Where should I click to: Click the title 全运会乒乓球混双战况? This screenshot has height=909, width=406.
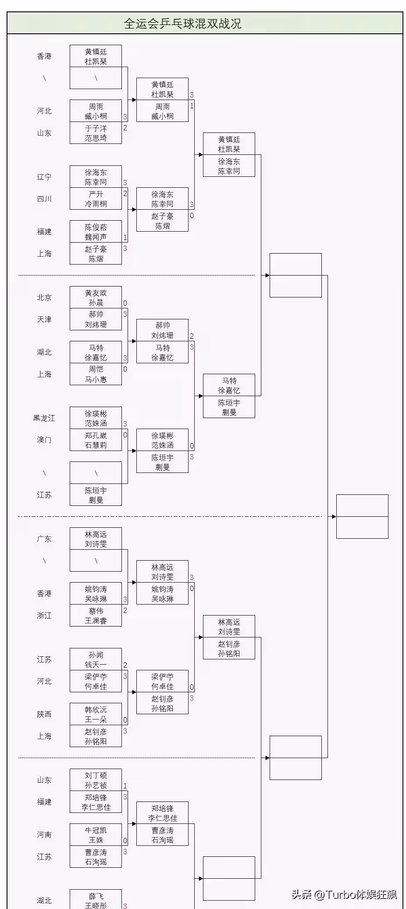[182, 23]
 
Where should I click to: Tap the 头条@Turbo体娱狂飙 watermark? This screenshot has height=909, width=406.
[344, 894]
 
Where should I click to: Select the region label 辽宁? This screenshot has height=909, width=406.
[44, 177]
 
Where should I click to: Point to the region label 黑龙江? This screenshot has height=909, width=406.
[44, 418]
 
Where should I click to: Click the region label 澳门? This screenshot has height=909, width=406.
[44, 440]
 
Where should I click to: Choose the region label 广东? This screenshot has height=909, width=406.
[44, 539]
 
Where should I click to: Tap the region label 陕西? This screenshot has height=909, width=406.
[44, 714]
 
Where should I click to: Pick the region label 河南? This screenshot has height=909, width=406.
[44, 835]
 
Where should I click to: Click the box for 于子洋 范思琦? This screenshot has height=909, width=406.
[96, 133]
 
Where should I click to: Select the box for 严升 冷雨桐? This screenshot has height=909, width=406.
[96, 199]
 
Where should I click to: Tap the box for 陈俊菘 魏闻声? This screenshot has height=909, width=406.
[96, 232]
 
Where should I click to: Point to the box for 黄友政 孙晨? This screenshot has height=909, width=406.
[96, 297]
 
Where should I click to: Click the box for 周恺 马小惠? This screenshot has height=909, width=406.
[96, 374]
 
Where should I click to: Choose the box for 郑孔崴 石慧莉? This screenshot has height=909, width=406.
[96, 440]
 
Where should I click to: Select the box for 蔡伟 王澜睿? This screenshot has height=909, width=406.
[96, 616]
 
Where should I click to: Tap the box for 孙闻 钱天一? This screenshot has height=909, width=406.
[96, 659]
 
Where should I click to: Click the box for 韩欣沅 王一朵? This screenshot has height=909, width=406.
[96, 714]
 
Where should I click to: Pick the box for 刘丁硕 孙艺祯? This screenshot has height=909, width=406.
[96, 780]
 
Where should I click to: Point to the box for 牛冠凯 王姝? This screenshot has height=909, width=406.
[96, 835]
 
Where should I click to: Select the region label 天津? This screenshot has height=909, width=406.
[44, 319]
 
